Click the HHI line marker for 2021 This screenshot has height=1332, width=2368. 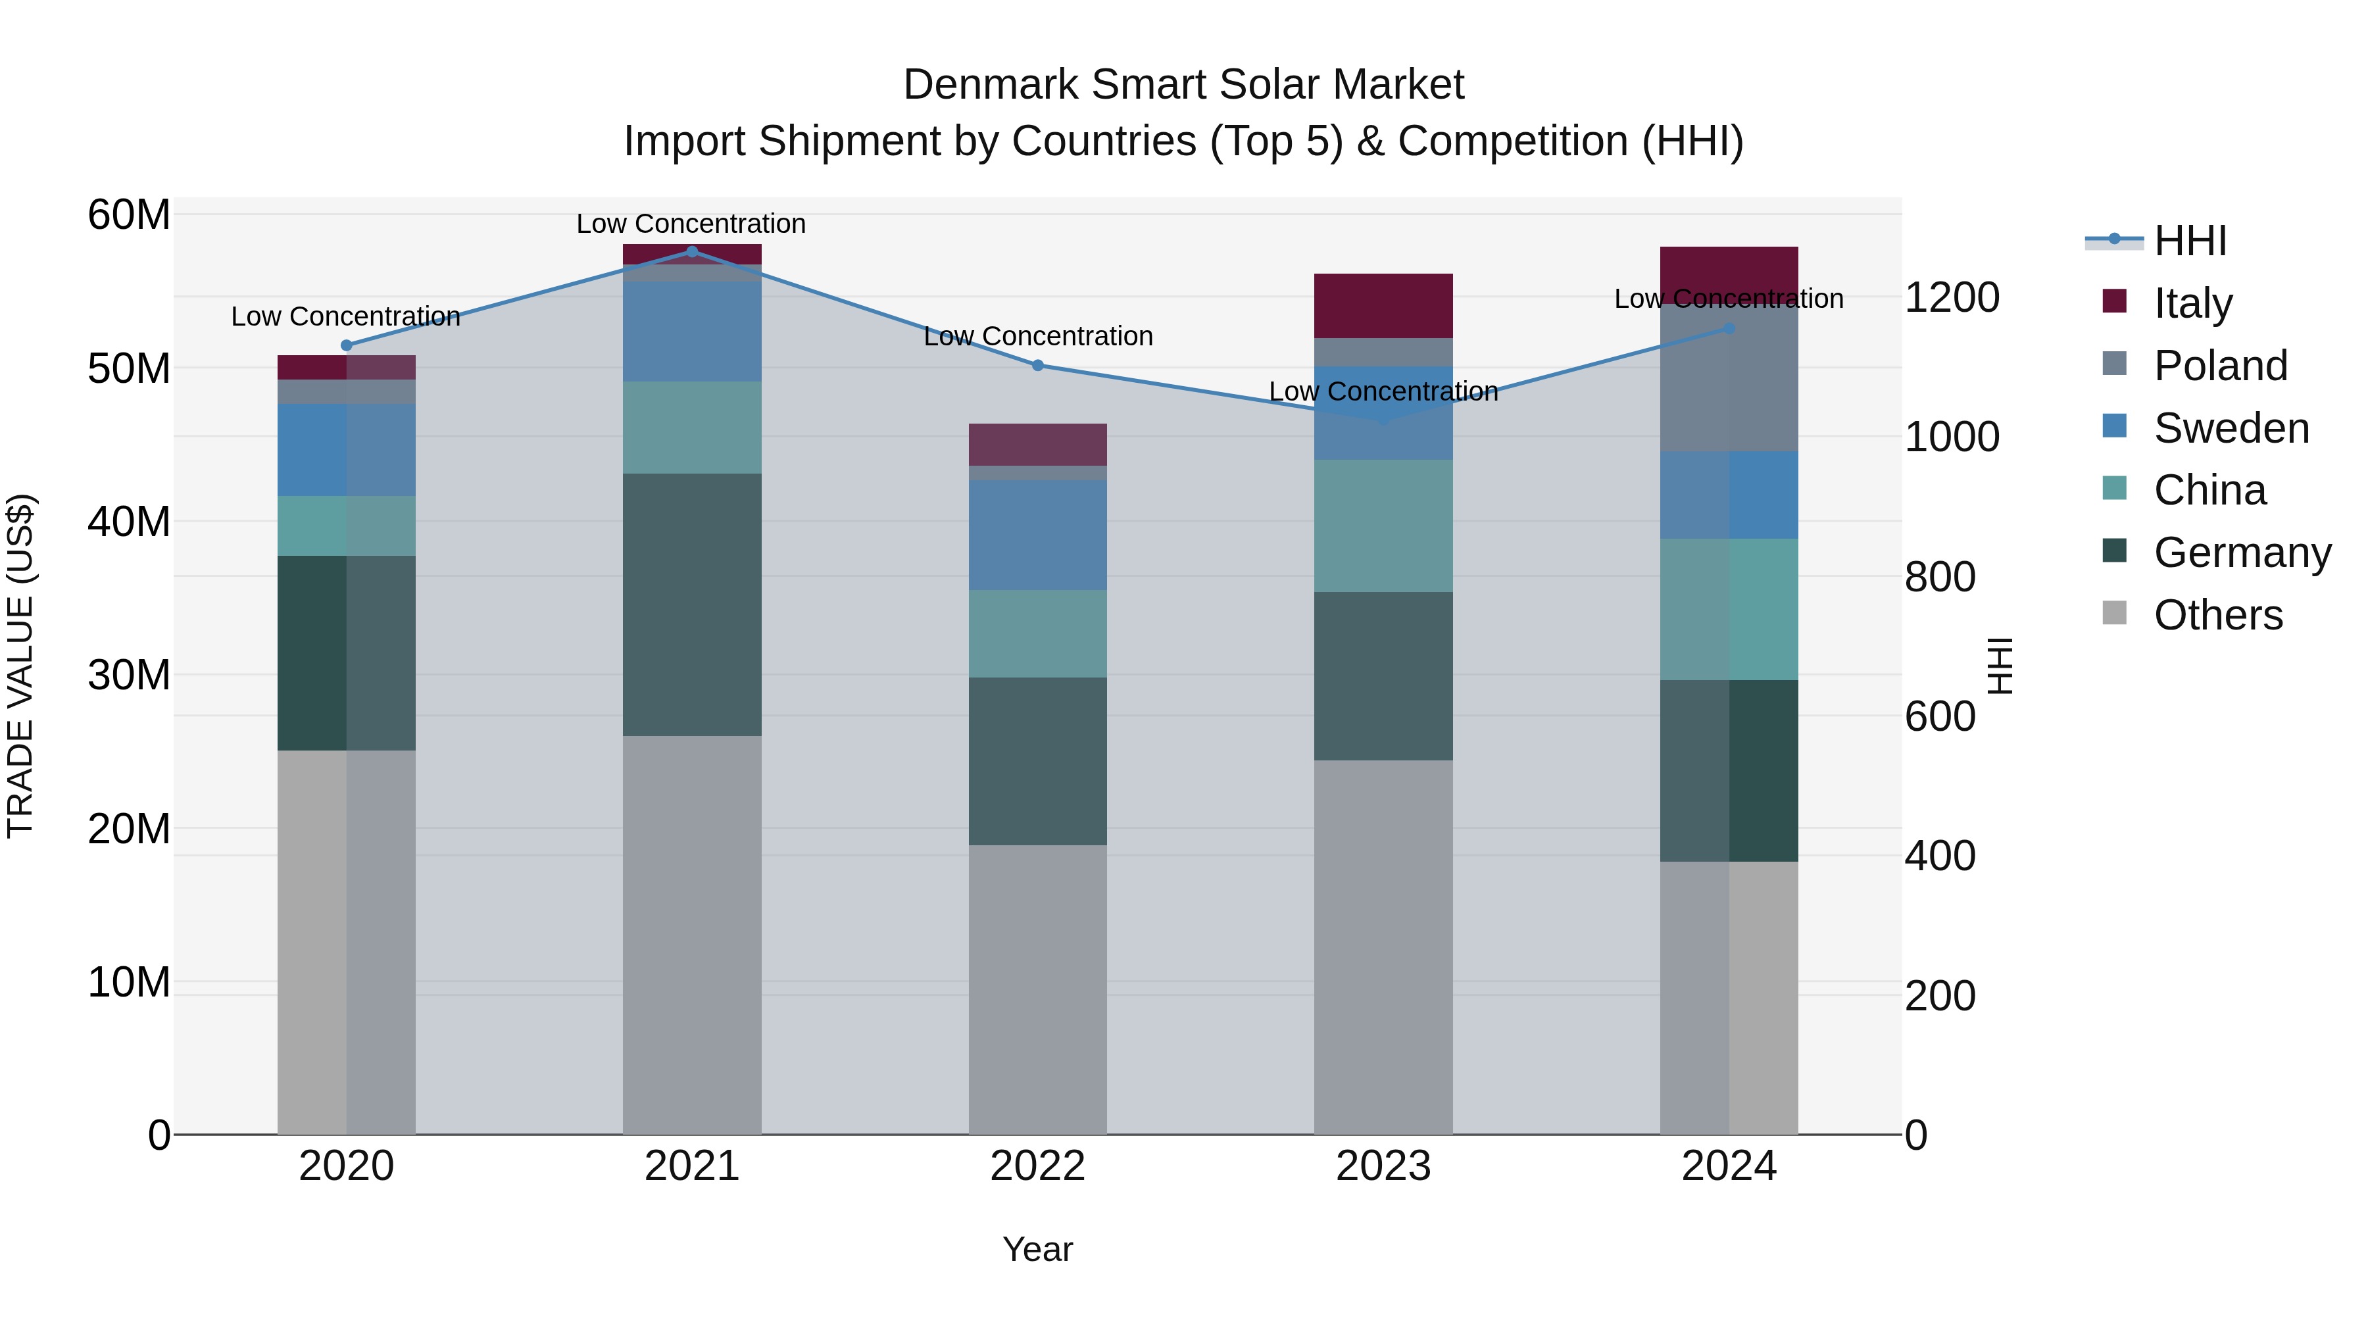click(x=691, y=252)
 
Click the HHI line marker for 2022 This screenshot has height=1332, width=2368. click(x=1038, y=365)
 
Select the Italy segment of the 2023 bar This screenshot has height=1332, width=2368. click(x=1383, y=305)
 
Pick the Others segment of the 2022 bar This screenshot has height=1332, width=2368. click(x=1038, y=989)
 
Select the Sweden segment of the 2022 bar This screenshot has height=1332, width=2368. click(x=1038, y=535)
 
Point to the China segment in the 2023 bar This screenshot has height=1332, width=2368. click(x=1383, y=526)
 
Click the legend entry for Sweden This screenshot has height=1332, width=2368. click(x=2231, y=428)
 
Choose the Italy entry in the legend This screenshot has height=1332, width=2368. click(x=2192, y=303)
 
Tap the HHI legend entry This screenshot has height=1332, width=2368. click(x=2190, y=241)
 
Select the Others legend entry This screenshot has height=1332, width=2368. click(x=2217, y=615)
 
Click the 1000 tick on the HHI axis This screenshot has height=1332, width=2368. click(x=1952, y=437)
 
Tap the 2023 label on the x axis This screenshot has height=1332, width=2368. click(x=1383, y=1166)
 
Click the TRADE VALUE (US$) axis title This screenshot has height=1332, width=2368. click(x=20, y=666)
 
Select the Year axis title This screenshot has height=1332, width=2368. click(x=1038, y=1249)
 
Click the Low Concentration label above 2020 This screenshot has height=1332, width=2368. click(x=345, y=316)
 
